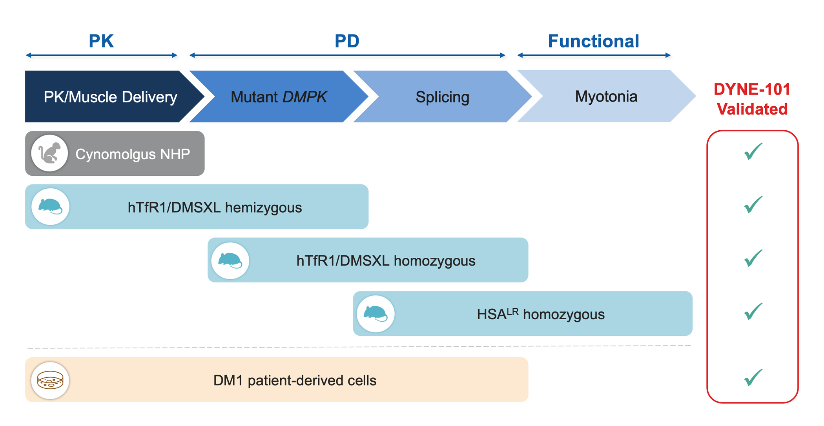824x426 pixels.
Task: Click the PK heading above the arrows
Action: [101, 41]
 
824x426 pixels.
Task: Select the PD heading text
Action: [347, 41]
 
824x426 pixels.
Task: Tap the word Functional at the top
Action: [593, 41]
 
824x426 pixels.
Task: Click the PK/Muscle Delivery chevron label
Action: [110, 97]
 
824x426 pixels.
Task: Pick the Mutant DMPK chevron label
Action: [279, 97]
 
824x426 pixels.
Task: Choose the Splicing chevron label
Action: [442, 97]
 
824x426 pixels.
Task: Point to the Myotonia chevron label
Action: [606, 96]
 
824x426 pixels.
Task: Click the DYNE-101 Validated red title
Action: [752, 99]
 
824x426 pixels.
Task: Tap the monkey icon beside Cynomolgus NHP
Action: [50, 153]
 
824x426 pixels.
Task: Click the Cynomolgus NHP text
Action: [133, 154]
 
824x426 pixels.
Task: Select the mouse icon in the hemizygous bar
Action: [50, 206]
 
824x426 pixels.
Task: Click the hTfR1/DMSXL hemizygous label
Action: [215, 207]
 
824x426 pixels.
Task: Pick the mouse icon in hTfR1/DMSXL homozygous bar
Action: [230, 260]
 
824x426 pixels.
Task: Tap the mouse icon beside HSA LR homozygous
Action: [376, 313]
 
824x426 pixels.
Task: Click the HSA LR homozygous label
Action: [540, 314]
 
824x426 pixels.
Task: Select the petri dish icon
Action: [50, 380]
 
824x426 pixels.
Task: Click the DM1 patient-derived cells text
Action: [295, 380]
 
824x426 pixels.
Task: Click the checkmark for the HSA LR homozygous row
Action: [753, 311]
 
